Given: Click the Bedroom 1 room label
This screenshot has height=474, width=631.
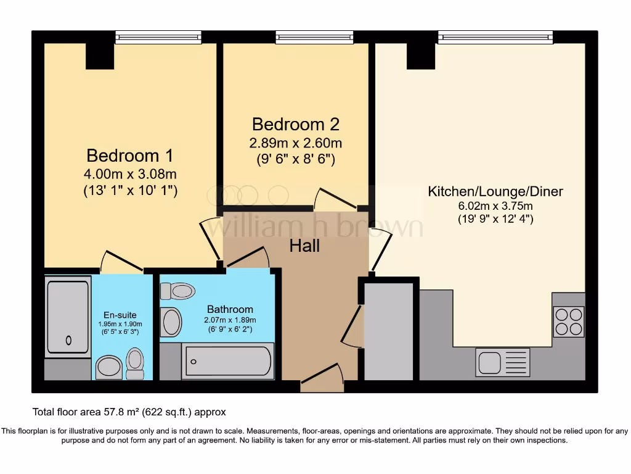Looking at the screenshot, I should (x=129, y=155).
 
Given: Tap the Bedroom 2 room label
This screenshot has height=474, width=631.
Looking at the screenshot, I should (x=295, y=124).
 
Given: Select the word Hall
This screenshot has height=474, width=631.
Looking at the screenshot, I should (x=305, y=246).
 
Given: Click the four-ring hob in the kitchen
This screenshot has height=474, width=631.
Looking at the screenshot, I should (x=568, y=322).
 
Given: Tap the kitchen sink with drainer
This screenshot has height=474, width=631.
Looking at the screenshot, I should (x=502, y=362).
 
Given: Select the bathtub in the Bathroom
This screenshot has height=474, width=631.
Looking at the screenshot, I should (x=227, y=362).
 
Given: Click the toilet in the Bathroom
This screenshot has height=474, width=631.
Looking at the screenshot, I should (x=177, y=291).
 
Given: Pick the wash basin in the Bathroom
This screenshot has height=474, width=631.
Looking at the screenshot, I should (x=171, y=322).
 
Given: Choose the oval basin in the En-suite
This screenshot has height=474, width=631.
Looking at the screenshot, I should (x=109, y=367).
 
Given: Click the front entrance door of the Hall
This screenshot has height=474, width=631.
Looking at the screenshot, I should (x=322, y=377).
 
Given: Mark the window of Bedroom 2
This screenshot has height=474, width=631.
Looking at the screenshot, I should (x=314, y=38).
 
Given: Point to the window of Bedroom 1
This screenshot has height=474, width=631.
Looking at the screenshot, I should (x=158, y=38).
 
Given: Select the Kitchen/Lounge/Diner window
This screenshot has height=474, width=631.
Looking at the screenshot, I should (x=495, y=38).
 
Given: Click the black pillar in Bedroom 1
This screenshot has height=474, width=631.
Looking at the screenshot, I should (x=99, y=56).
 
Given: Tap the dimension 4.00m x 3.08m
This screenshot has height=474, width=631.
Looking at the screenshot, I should (x=129, y=174).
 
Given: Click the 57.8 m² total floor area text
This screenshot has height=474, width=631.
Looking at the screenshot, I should (x=129, y=412).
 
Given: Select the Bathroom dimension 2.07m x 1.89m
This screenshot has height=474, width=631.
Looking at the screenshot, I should (x=230, y=320).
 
